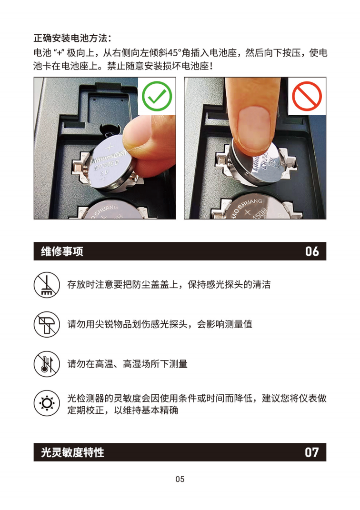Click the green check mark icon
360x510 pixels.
pos(157,96)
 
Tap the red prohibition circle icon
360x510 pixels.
pos(307,96)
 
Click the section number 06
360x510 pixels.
pos(312,251)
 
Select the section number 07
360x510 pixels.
pos(312,452)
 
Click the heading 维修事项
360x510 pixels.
pos(62,251)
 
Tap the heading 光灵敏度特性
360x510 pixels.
pos(72,452)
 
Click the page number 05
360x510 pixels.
pos(180,479)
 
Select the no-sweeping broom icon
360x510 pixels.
pos(47,285)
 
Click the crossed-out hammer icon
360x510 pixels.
pos(47,324)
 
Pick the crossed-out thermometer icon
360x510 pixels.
pos(47,364)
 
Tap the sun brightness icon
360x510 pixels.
pos(47,403)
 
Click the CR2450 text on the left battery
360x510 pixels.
pos(106,165)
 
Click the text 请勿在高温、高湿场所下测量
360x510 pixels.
pos(128,364)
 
